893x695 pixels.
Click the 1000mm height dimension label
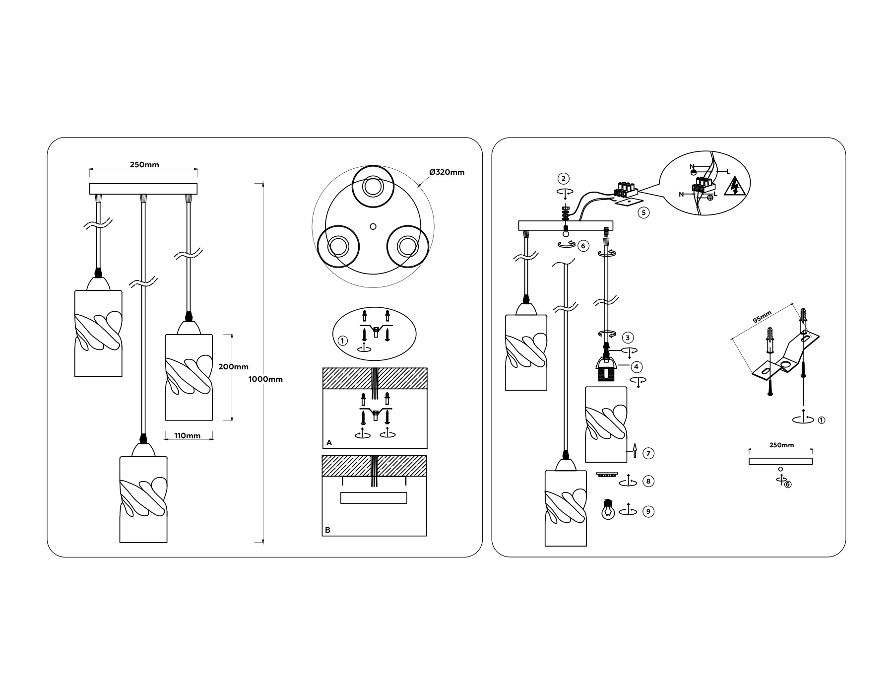tap(265, 379)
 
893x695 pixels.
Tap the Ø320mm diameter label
tap(447, 172)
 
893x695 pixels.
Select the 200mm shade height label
tap(233, 367)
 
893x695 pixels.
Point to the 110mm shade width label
tap(188, 436)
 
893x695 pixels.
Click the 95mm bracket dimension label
tap(762, 317)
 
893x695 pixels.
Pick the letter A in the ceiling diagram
tap(329, 442)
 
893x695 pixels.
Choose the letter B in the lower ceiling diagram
tap(327, 530)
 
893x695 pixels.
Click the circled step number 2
tap(563, 178)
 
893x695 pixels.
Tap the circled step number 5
tap(643, 212)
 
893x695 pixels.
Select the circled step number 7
tap(648, 453)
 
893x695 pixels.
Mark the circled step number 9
tap(648, 511)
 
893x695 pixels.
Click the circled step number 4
tap(637, 367)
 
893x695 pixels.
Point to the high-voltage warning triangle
tap(735, 187)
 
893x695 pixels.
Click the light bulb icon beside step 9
tap(608, 510)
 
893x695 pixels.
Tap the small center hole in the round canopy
tap(373, 226)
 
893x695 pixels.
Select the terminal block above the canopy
tap(625, 189)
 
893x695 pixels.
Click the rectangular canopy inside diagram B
tap(374, 498)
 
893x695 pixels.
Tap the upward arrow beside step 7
tap(635, 450)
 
